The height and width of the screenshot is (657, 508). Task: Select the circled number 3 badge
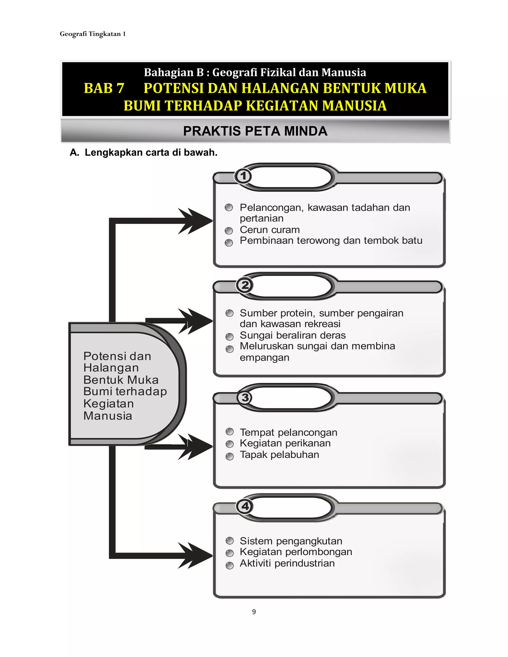(x=245, y=397)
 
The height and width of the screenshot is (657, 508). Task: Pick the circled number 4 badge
(x=245, y=506)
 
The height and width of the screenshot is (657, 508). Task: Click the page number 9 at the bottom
(x=254, y=612)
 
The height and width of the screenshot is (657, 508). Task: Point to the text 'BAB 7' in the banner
(x=104, y=88)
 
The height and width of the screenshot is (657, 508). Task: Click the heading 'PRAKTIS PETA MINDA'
(x=255, y=131)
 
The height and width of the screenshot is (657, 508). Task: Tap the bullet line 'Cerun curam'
(x=270, y=230)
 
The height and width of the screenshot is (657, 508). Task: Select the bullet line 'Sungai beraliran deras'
(x=292, y=335)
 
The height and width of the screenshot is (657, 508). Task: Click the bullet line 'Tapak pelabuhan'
(x=279, y=454)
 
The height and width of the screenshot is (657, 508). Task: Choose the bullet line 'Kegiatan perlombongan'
(x=296, y=552)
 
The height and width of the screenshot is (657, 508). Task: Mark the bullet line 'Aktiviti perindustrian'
(x=287, y=563)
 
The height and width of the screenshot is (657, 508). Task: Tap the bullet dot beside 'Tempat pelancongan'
(x=230, y=432)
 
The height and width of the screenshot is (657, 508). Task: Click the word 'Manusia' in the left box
(x=108, y=416)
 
